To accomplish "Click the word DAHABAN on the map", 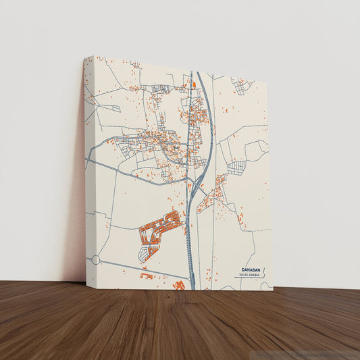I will [249, 269].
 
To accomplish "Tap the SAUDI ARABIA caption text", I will [249, 276].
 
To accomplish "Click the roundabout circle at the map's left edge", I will [95, 259].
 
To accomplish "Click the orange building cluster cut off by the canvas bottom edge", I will [180, 286].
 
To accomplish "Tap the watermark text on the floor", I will [307, 354].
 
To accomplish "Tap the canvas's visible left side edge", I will [85, 169].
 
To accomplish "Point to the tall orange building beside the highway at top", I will [194, 85].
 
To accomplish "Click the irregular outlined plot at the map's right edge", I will [255, 150].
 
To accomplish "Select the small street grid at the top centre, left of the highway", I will [162, 88].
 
